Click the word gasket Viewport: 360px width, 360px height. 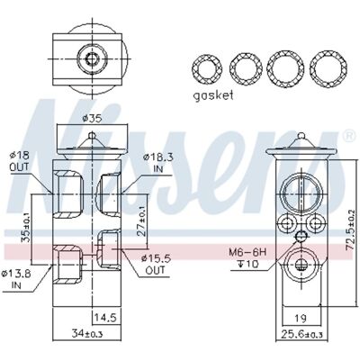coord(213,95)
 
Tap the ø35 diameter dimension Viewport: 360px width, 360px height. coord(92,119)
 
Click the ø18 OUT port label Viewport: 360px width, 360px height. coord(19,161)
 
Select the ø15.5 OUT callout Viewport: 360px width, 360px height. coord(155,264)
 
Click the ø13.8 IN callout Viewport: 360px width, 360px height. coord(15,279)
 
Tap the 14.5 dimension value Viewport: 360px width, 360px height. coord(105,317)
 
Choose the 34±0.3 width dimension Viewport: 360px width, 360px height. coord(87,333)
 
